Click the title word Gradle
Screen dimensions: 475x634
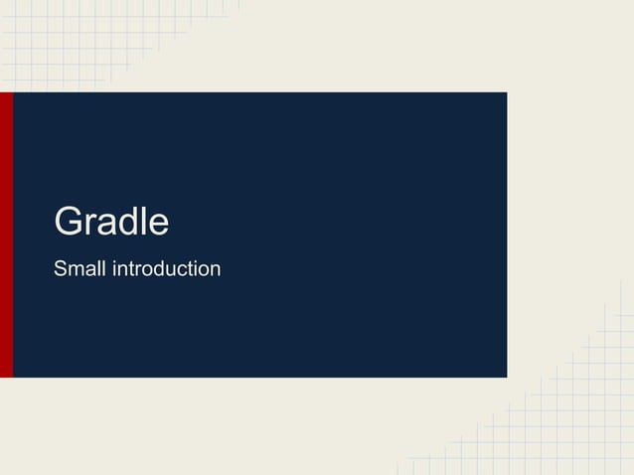(111, 222)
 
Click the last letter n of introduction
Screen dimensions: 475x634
(215, 270)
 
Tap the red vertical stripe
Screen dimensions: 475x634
(6, 235)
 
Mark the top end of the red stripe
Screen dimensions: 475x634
(6, 95)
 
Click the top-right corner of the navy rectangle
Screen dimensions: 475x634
(505, 94)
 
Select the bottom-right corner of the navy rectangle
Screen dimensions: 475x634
(505, 376)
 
